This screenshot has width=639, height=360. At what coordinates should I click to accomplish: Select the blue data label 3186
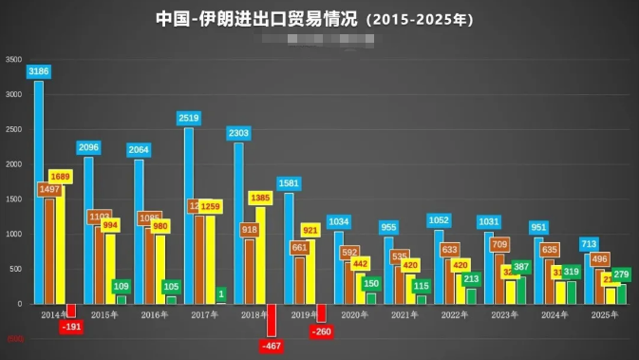(x=39, y=71)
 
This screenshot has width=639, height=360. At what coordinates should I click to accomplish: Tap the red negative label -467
(x=272, y=346)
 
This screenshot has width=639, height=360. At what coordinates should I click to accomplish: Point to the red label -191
(x=71, y=327)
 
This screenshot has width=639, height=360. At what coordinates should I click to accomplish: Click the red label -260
(x=322, y=332)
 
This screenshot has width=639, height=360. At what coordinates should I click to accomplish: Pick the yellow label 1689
(x=60, y=177)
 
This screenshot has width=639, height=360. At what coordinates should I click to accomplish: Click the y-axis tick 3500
(x=13, y=60)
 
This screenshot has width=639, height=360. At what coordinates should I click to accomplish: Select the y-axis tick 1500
(x=13, y=199)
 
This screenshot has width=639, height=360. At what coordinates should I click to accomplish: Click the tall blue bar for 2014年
(x=39, y=190)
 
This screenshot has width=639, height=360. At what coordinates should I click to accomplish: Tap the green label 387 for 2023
(x=521, y=267)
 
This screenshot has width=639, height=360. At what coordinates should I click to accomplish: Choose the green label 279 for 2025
(x=622, y=275)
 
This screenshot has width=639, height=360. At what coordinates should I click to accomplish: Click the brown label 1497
(x=49, y=190)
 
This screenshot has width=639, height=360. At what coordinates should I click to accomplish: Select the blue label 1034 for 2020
(x=339, y=221)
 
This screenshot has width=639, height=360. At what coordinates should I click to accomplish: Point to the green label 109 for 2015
(x=122, y=286)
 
